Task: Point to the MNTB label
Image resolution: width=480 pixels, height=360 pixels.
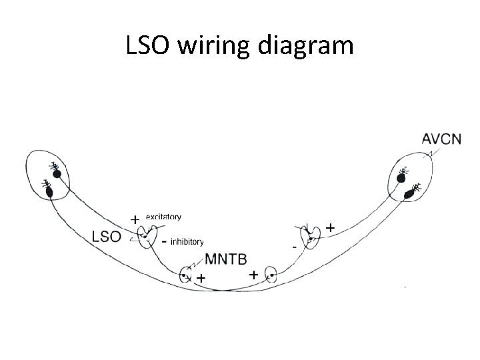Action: (225, 258)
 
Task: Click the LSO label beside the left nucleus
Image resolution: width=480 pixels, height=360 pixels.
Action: (107, 235)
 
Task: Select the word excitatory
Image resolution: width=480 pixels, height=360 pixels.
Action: (163, 217)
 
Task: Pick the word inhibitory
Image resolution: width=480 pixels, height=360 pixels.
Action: (187, 242)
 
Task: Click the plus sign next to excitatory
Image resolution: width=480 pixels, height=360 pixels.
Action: (134, 219)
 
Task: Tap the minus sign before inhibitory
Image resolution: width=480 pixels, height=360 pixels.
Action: (164, 241)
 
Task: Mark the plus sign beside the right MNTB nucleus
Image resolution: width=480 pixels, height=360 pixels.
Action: (253, 274)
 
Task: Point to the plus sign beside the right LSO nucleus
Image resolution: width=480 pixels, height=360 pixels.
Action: (330, 228)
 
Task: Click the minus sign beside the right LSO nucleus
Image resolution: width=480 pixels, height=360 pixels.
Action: (294, 247)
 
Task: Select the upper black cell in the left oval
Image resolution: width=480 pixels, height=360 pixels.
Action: (57, 175)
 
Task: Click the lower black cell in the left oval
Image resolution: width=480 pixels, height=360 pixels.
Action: (49, 192)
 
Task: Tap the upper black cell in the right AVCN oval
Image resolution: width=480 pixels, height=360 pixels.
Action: (402, 177)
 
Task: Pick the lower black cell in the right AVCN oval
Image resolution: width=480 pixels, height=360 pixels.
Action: (409, 194)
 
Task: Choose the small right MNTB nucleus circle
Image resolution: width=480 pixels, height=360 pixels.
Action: (270, 275)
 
